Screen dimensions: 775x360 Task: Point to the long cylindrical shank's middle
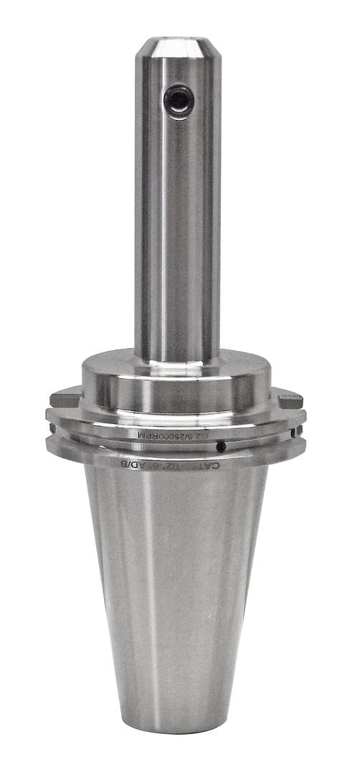point(177,215)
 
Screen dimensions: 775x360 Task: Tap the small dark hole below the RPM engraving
point(222,447)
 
